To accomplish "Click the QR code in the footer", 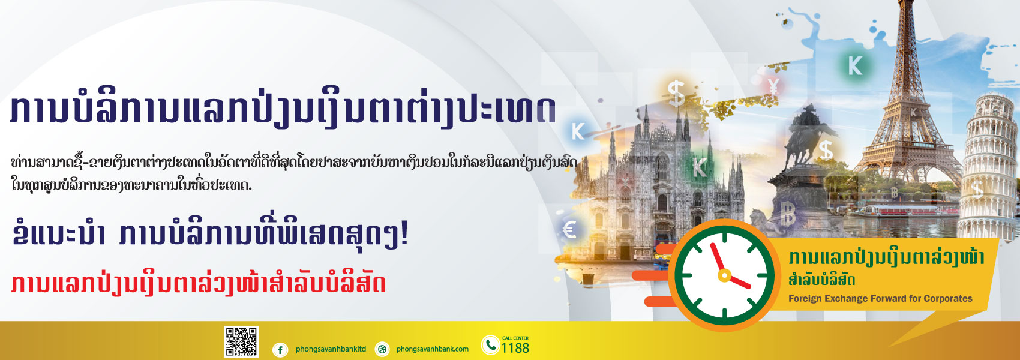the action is pos(241,341).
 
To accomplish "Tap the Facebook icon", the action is pos(280,350).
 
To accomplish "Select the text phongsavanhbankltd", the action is pos(331,349).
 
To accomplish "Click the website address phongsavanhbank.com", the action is pos(432,349).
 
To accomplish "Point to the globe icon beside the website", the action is pos(382,350).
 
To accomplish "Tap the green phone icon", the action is pos(490,346).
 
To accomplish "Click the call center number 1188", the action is pos(515,348).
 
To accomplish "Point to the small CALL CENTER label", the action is pos(515,338).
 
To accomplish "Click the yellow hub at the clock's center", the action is pos(724,275).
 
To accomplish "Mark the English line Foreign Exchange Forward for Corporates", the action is pos(880,299).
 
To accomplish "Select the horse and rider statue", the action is pos(808,137).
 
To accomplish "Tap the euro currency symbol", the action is pos(569,229).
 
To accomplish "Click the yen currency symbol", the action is pos(773,86).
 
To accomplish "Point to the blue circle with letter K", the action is pos(577,131).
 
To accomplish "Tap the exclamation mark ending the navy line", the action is pos(403,236).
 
